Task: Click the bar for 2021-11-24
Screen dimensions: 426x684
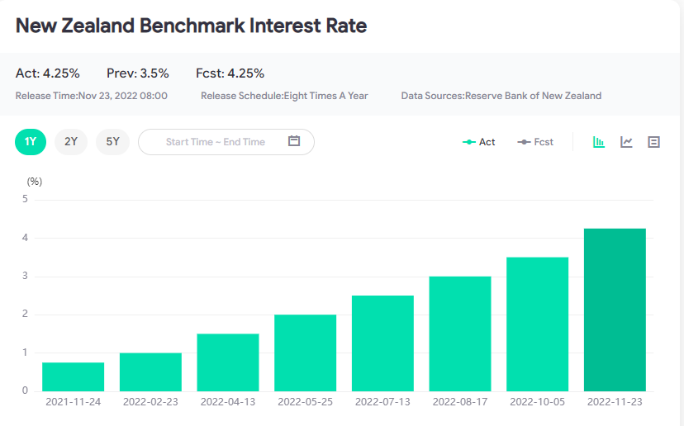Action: pos(73,376)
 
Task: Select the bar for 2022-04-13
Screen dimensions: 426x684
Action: pos(228,362)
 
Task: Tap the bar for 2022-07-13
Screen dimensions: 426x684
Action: pos(382,343)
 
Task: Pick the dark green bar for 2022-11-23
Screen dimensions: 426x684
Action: pos(615,309)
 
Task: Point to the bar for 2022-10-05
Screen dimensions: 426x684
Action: pos(537,324)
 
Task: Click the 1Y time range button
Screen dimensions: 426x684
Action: pos(31,142)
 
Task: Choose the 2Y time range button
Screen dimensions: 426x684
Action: pos(71,142)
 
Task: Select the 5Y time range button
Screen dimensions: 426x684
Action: pos(112,142)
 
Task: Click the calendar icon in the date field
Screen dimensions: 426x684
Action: pos(294,141)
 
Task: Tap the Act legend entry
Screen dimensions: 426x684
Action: pos(479,142)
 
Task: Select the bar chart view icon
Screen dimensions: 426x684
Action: pos(599,142)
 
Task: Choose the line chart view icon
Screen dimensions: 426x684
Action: pos(627,142)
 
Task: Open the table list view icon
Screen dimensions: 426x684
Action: pos(653,142)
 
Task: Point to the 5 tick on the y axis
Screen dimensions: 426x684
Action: pos(25,199)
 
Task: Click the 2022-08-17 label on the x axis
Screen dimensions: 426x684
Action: pos(460,402)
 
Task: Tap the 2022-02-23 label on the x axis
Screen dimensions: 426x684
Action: pos(150,402)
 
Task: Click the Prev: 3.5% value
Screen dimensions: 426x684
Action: pos(137,73)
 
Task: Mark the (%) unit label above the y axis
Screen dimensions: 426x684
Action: pos(34,181)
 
